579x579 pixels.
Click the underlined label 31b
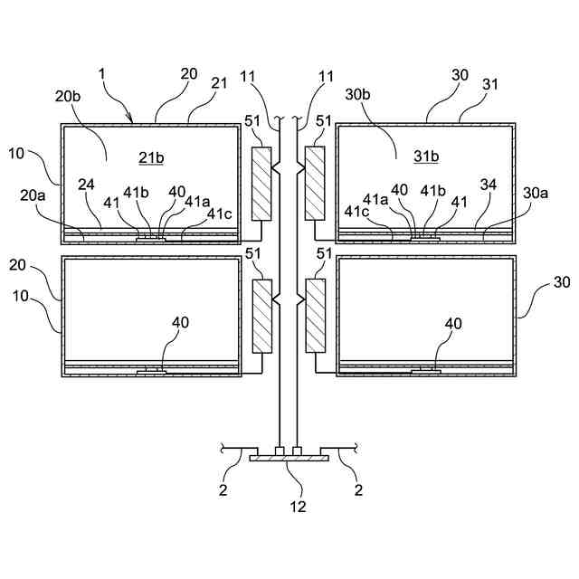pyautogui.click(x=427, y=157)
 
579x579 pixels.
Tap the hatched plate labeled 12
pyautogui.click(x=289, y=460)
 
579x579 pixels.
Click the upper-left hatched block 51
pyautogui.click(x=262, y=185)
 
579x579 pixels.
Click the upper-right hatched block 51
pyautogui.click(x=316, y=185)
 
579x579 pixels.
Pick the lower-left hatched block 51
pyautogui.click(x=262, y=316)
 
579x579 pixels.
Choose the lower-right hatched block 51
pyautogui.click(x=316, y=316)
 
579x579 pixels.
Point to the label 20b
pyautogui.click(x=67, y=96)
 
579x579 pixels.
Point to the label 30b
pyautogui.click(x=357, y=96)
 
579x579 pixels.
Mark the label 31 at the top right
pyautogui.click(x=492, y=83)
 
